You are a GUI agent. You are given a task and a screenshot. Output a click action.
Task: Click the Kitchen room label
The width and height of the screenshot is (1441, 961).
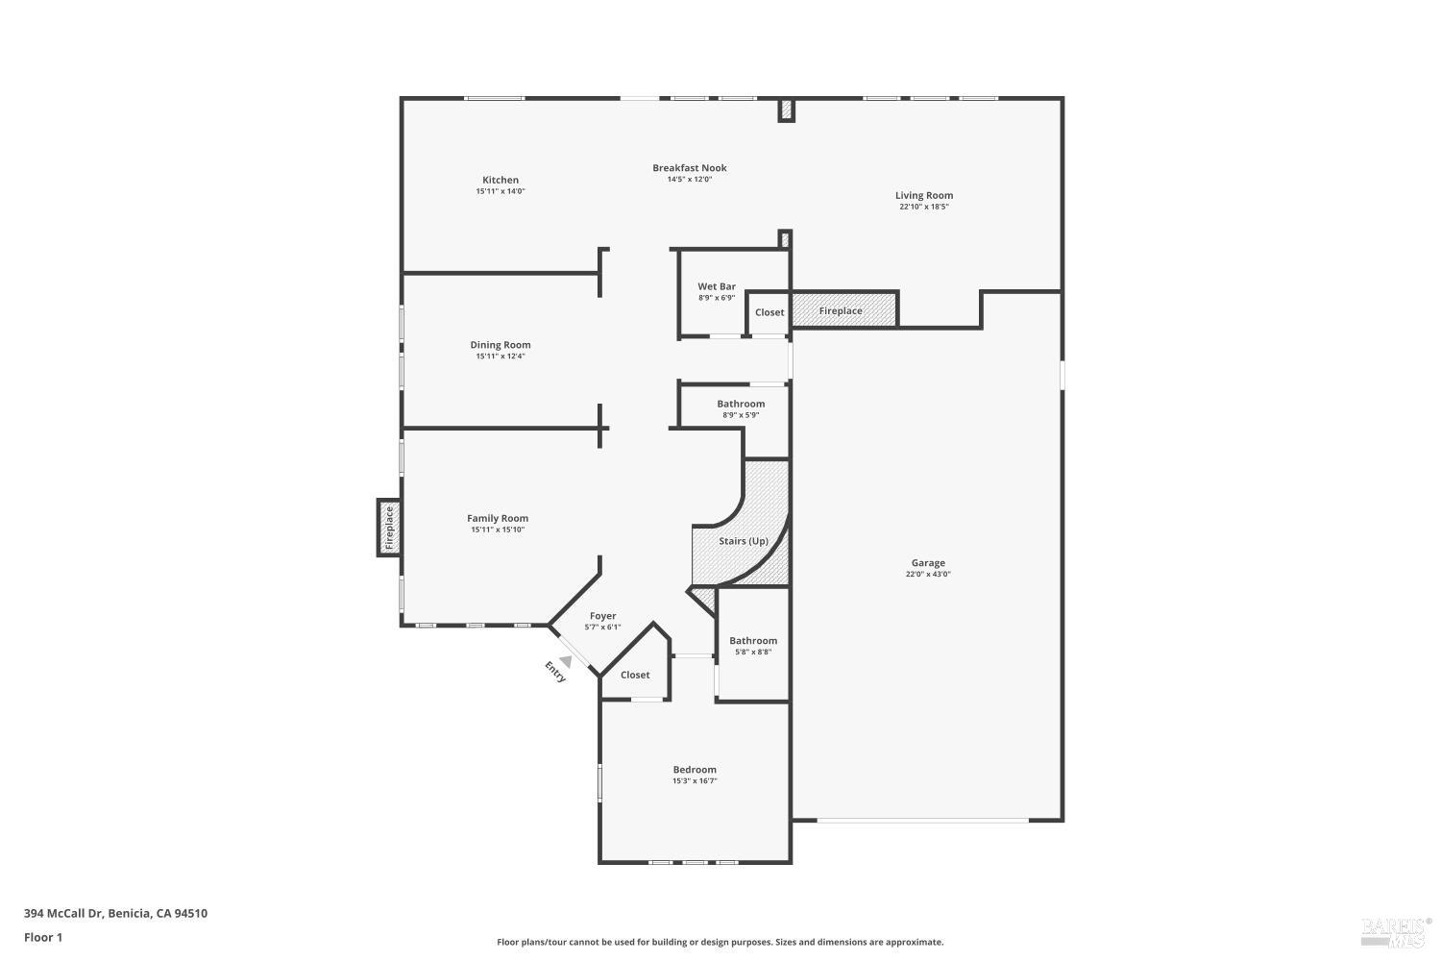(x=500, y=180)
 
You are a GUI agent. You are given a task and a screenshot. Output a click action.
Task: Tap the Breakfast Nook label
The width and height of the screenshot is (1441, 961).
(x=689, y=167)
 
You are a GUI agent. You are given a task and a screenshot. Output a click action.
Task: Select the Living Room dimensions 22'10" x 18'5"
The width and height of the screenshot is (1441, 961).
(x=924, y=207)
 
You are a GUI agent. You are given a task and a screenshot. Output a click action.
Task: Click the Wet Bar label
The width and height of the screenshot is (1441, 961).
(x=716, y=286)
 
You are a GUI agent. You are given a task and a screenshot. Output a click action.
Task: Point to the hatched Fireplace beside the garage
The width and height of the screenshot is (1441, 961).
(x=843, y=310)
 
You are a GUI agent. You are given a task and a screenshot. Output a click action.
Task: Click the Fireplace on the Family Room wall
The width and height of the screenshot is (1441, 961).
(x=389, y=528)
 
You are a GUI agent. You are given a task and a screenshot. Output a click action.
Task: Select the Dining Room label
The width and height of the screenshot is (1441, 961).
(x=500, y=345)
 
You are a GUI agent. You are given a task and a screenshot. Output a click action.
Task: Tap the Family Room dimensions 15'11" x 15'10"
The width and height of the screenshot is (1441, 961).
(x=498, y=530)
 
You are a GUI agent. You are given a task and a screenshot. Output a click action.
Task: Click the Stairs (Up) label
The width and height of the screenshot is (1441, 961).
(x=743, y=541)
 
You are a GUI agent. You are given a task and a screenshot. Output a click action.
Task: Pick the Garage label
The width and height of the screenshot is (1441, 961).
(x=928, y=563)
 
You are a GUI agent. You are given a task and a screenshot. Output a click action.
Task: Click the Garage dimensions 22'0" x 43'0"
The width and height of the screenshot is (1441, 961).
(x=928, y=575)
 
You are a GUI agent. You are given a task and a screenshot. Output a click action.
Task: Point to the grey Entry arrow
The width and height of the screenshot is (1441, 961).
(x=566, y=660)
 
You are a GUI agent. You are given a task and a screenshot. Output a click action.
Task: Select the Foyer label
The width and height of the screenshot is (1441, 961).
(x=602, y=616)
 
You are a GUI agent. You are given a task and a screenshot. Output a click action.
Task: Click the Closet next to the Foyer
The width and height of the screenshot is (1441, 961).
(x=634, y=675)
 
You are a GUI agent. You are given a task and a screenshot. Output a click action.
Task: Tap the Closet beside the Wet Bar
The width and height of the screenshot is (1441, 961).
(x=769, y=312)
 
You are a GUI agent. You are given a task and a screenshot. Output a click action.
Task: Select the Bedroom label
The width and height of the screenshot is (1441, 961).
(x=694, y=770)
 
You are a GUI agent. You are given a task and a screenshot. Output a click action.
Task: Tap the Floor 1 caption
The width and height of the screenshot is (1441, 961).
(x=43, y=937)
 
